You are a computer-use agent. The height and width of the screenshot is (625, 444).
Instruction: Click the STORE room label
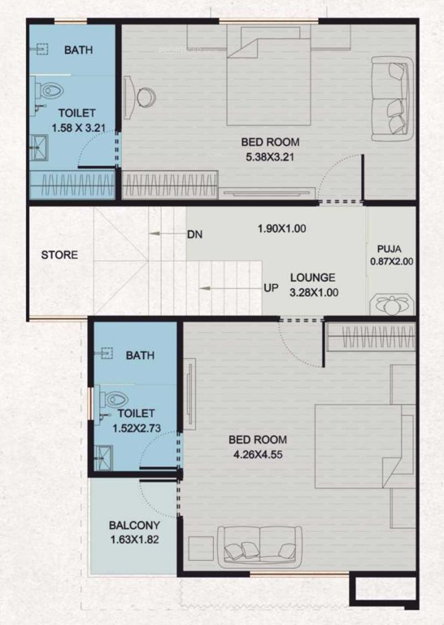tap(59, 255)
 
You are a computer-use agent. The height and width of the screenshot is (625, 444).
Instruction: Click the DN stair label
tap(194, 234)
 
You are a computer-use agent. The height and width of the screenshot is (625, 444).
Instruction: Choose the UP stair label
tap(271, 288)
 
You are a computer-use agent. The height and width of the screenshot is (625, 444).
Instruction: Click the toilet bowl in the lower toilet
tap(116, 400)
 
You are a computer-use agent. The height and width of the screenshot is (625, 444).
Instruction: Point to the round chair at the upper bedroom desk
tap(145, 95)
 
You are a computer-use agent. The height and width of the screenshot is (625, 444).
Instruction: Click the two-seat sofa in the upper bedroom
tap(392, 96)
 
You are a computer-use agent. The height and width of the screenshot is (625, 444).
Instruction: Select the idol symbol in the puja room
tap(391, 305)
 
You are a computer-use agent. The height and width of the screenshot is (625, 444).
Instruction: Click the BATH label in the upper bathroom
tap(79, 50)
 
